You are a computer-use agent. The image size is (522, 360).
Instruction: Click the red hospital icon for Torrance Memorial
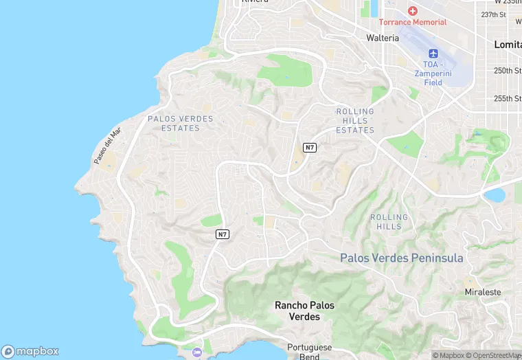pyautogui.click(x=413, y=11)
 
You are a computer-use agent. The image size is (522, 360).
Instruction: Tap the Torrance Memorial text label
pyautogui.click(x=413, y=22)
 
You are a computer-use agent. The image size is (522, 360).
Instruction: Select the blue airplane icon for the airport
pyautogui.click(x=433, y=54)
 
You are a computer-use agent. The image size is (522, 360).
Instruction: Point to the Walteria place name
pyautogui.click(x=383, y=38)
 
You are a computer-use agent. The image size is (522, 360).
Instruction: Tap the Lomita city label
pyautogui.click(x=508, y=44)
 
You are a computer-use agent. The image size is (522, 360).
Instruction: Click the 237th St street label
pyautogui.click(x=493, y=14)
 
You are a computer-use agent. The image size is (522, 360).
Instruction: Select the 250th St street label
pyautogui.click(x=508, y=71)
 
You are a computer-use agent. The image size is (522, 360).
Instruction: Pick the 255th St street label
pyautogui.click(x=508, y=98)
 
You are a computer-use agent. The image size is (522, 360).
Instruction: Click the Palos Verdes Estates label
pyautogui.click(x=181, y=124)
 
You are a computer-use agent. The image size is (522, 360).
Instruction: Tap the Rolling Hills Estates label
pyautogui.click(x=355, y=121)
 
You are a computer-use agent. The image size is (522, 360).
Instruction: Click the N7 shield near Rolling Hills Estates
pyautogui.click(x=310, y=148)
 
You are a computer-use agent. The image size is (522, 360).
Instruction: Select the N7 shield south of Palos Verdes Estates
pyautogui.click(x=222, y=234)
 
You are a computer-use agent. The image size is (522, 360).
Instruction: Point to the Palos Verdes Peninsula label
pyautogui.click(x=402, y=258)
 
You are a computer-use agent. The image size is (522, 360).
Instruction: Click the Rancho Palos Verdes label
pyautogui.click(x=297, y=311)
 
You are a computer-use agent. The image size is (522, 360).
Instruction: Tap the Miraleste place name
pyautogui.click(x=483, y=292)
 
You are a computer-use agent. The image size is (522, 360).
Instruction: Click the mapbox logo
pyautogui.click(x=30, y=350)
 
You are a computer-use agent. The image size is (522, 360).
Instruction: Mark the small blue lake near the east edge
pyautogui.click(x=494, y=194)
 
